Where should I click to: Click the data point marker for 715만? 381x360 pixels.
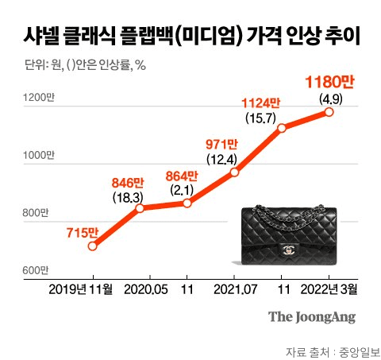point(93,246)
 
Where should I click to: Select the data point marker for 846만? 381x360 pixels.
point(140,208)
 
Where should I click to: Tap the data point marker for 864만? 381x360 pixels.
point(187,203)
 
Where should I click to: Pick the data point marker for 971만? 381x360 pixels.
point(234,172)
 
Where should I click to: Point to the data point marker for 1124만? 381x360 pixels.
point(281,129)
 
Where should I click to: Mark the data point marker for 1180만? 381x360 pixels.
point(329,112)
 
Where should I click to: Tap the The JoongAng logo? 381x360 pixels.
point(311,316)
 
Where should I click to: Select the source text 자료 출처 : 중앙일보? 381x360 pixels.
point(332,350)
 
